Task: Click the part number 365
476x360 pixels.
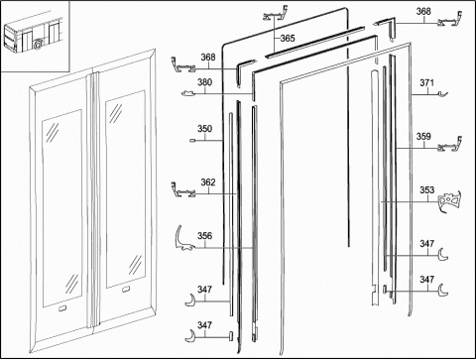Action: click(x=288, y=39)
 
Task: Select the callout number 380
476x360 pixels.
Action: click(x=204, y=82)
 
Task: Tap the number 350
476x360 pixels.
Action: click(x=204, y=129)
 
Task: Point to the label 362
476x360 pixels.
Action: click(x=208, y=182)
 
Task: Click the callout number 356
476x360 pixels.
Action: click(x=204, y=236)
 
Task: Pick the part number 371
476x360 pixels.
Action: click(x=426, y=82)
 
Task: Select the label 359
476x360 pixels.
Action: click(x=423, y=136)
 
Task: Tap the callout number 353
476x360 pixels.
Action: click(x=426, y=190)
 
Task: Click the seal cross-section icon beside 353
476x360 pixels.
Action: click(x=449, y=201)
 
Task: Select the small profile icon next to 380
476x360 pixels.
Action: click(x=188, y=93)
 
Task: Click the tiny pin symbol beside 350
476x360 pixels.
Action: click(x=192, y=141)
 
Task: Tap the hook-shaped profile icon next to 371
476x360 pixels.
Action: click(x=442, y=94)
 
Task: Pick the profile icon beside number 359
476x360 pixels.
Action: click(x=450, y=146)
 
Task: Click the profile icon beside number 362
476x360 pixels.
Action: click(x=182, y=190)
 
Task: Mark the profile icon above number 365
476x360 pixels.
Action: click(x=276, y=14)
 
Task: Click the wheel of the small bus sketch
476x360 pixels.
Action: click(x=39, y=44)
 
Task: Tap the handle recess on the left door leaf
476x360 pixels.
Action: click(x=62, y=308)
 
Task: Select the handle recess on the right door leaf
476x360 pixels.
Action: click(x=126, y=290)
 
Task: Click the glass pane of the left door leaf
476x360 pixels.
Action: click(x=62, y=208)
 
